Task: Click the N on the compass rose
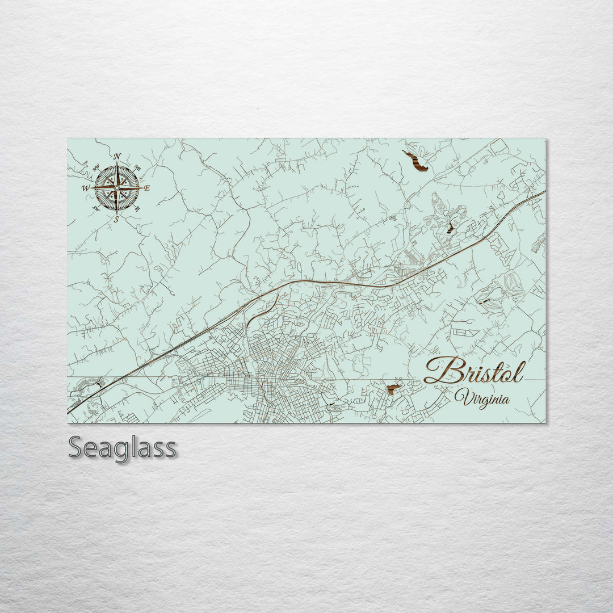(117, 156)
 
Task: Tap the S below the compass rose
(116, 219)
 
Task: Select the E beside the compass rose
(147, 188)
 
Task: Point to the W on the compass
(86, 188)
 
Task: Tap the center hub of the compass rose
(117, 187)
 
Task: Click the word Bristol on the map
(475, 371)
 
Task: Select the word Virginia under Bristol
(482, 398)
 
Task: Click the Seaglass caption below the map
(122, 448)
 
